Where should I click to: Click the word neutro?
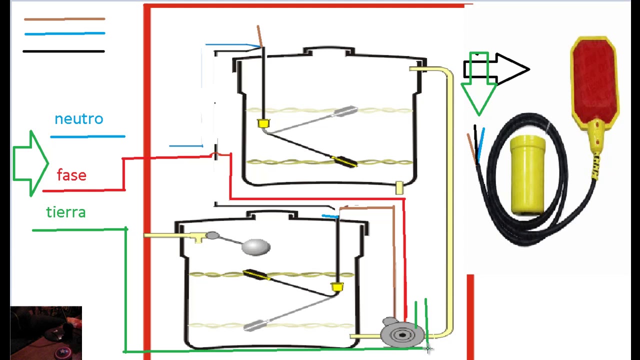click(79, 119)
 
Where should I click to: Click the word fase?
click(71, 174)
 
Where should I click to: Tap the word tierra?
click(66, 212)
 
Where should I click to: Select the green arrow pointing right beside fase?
click(31, 163)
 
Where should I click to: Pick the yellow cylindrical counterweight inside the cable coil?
click(527, 175)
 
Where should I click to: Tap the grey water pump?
click(401, 333)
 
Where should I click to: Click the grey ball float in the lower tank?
click(255, 247)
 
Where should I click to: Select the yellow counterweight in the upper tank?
click(263, 123)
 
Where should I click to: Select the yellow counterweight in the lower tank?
click(337, 286)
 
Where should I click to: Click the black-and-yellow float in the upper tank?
click(344, 161)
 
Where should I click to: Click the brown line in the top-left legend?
click(64, 19)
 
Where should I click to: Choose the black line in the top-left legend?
click(63, 51)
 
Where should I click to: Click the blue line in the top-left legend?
click(65, 33)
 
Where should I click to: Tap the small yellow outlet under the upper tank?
click(399, 187)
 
